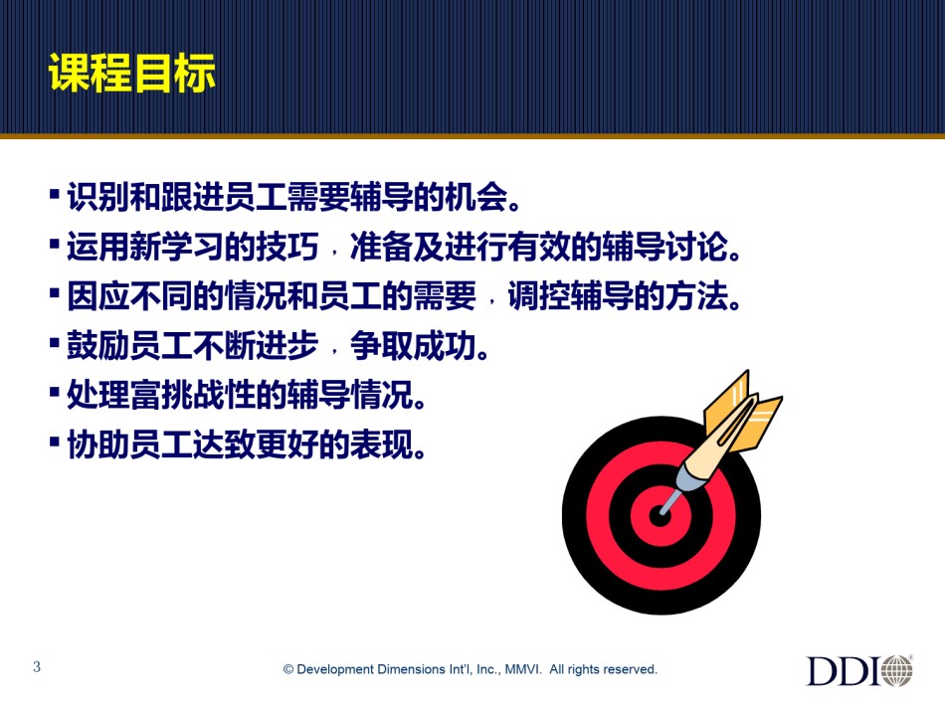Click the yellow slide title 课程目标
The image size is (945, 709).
coord(131,73)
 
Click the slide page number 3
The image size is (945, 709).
coord(37,666)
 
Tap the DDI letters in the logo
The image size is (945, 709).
coord(842,670)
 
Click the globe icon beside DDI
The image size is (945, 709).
coord(897,670)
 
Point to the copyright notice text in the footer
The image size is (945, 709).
coord(471,669)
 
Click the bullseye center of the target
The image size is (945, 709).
coord(660,516)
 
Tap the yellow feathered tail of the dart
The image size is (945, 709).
coord(743,409)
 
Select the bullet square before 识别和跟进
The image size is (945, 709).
coord(55,194)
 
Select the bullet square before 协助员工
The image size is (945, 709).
coord(55,442)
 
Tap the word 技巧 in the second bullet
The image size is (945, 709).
coord(287,246)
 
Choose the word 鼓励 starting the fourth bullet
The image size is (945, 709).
coord(98,345)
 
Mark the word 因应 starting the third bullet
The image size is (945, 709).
coord(98,295)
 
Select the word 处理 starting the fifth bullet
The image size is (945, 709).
coord(98,395)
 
